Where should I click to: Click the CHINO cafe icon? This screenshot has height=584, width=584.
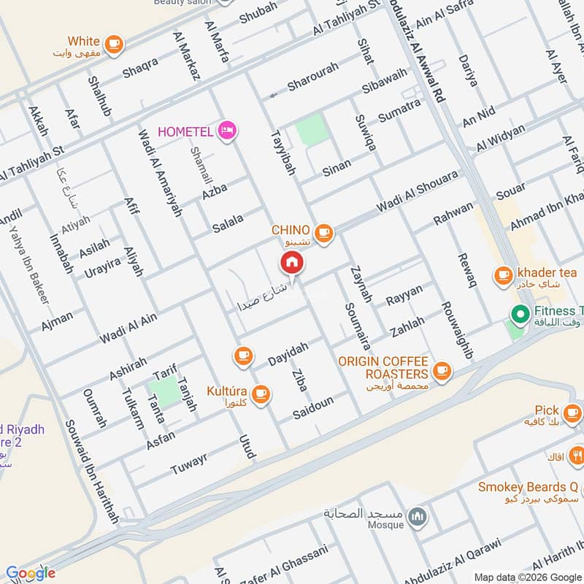point(325,233)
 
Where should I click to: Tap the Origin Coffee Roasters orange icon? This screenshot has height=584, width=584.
point(441,371)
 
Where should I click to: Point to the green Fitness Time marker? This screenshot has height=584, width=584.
point(520,315)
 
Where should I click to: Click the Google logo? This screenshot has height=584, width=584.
point(31,573)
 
